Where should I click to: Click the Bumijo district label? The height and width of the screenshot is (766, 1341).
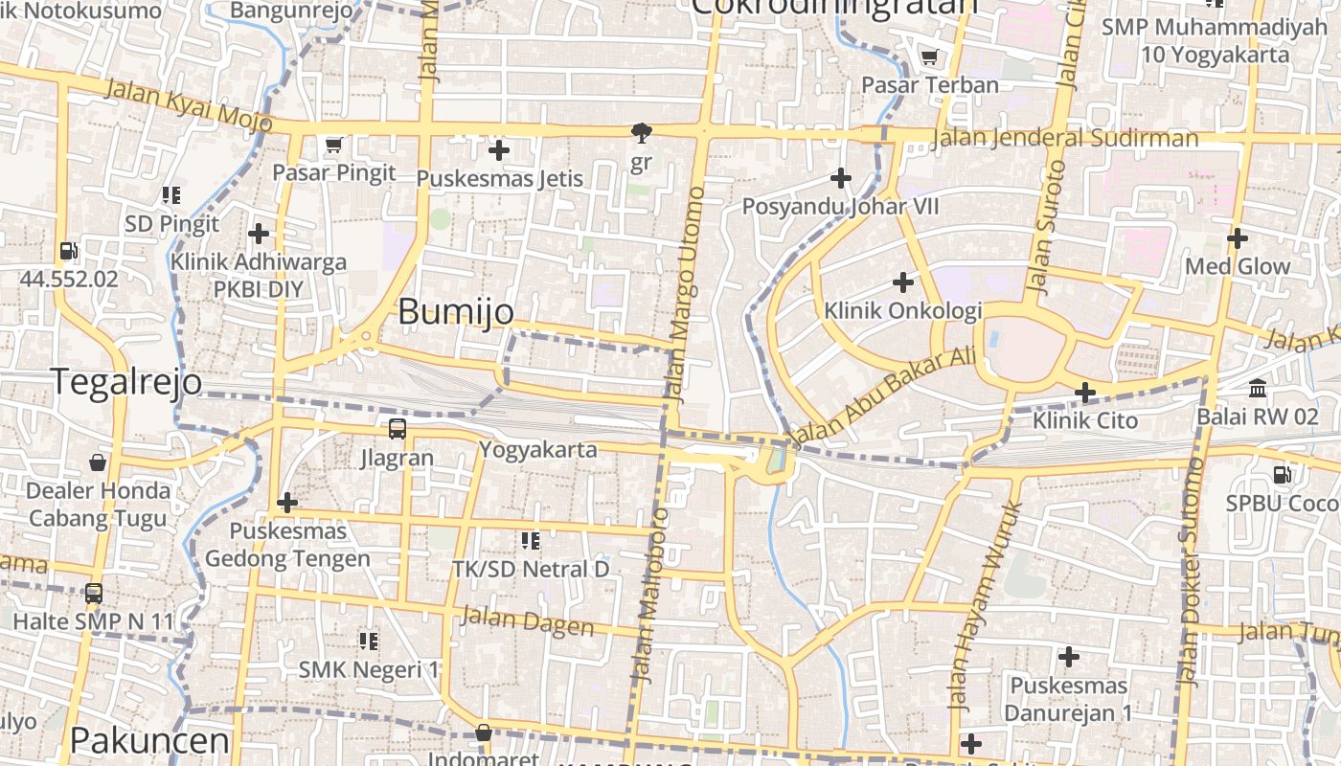(x=455, y=311)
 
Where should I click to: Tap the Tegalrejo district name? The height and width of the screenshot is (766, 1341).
(x=125, y=381)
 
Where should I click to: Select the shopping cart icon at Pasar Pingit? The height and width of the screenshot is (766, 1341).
(x=333, y=146)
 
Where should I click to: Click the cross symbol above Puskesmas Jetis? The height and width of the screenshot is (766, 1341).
(x=498, y=150)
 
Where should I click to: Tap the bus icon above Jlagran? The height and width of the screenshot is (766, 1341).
(x=398, y=429)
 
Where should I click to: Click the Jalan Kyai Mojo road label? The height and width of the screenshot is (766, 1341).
(x=189, y=105)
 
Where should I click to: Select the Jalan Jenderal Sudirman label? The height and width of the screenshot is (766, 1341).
(x=1063, y=138)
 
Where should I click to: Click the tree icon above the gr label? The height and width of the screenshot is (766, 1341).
(x=641, y=133)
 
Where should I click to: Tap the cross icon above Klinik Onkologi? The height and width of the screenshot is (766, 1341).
(x=902, y=282)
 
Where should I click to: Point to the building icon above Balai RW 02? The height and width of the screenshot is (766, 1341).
(x=1257, y=389)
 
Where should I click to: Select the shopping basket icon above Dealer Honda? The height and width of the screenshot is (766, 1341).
(x=97, y=463)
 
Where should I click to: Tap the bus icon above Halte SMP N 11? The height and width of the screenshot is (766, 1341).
(x=93, y=594)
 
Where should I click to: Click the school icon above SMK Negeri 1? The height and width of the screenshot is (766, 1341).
(x=368, y=641)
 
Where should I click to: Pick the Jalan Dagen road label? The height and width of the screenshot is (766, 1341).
(x=527, y=620)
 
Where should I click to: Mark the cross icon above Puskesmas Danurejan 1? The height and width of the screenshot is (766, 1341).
(x=1068, y=657)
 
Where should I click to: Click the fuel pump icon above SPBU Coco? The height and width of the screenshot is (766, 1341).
(x=1282, y=474)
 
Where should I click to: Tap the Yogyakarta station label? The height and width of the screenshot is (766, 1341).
(x=537, y=449)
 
